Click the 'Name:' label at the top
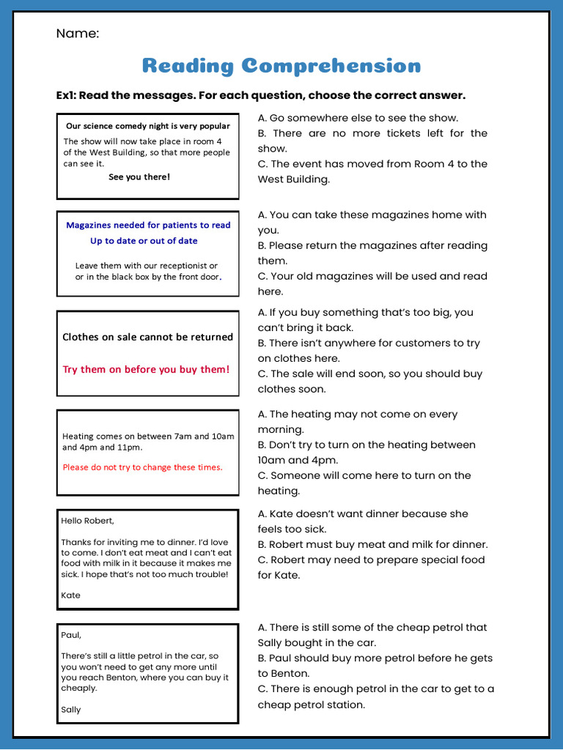pos(78,34)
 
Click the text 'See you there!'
pos(139,177)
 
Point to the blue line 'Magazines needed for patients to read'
pos(148,226)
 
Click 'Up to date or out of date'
pos(144,241)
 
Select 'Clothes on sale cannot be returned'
pos(147,338)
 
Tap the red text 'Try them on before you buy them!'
pos(146,370)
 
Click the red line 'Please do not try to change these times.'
pos(142,467)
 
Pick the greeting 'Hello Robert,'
pos(87,521)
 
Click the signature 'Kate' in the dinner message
pos(70,595)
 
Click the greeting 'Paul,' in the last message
pos(71,635)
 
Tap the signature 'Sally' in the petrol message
pos(71,710)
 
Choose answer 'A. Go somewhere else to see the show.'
pos(358,118)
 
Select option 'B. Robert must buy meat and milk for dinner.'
pos(372,544)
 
